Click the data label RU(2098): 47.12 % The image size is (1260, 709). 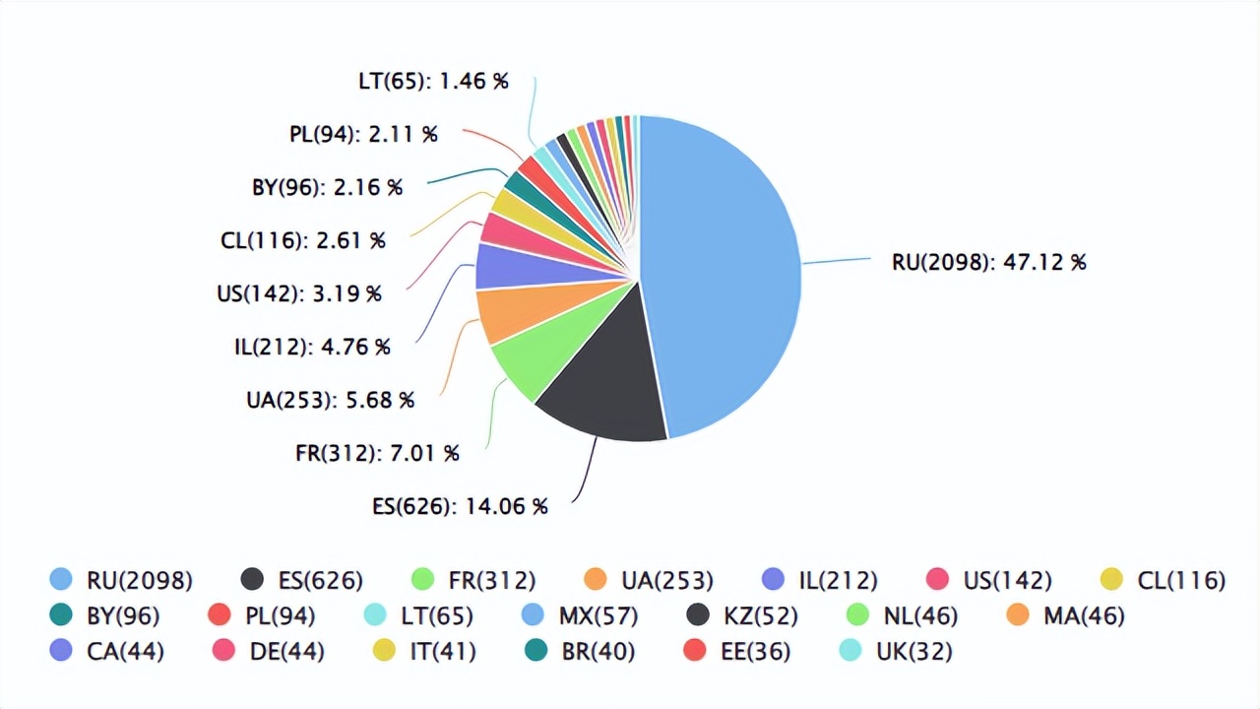click(x=988, y=262)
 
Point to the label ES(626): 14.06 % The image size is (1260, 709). click(x=460, y=506)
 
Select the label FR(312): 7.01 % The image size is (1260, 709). click(x=377, y=453)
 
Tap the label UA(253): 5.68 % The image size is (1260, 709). click(x=330, y=400)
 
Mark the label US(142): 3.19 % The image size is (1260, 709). click(x=298, y=293)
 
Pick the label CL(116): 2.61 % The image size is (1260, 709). click(x=302, y=240)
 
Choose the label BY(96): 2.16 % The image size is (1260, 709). click(x=327, y=187)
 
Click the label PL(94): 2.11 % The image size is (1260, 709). click(x=363, y=134)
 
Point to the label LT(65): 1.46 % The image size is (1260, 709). click(x=433, y=81)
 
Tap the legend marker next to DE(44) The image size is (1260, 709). click(x=223, y=651)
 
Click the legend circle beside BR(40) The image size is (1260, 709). click(x=536, y=651)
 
